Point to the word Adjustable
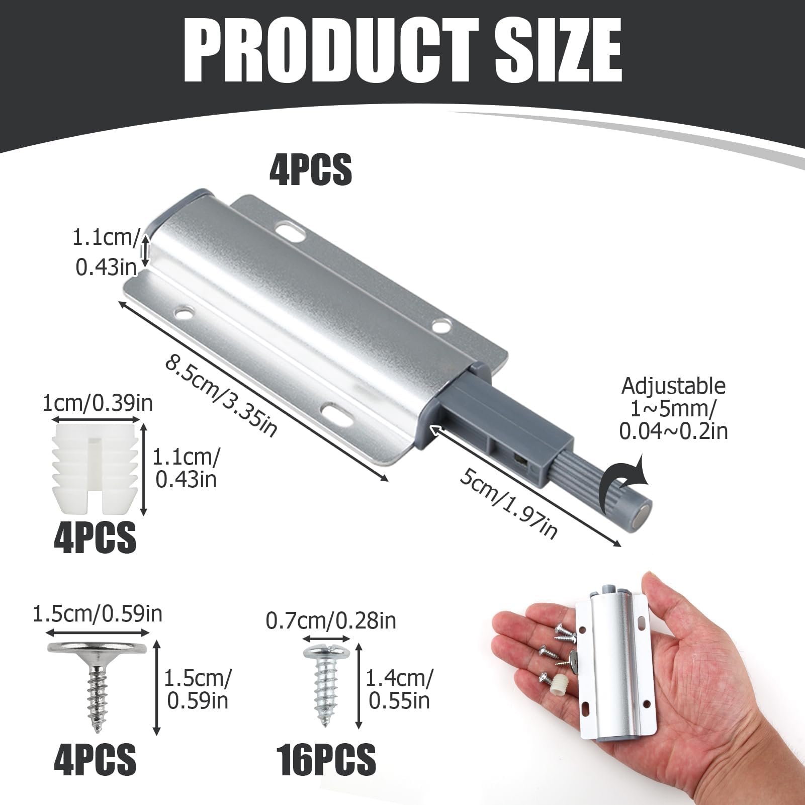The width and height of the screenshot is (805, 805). click(x=674, y=386)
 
